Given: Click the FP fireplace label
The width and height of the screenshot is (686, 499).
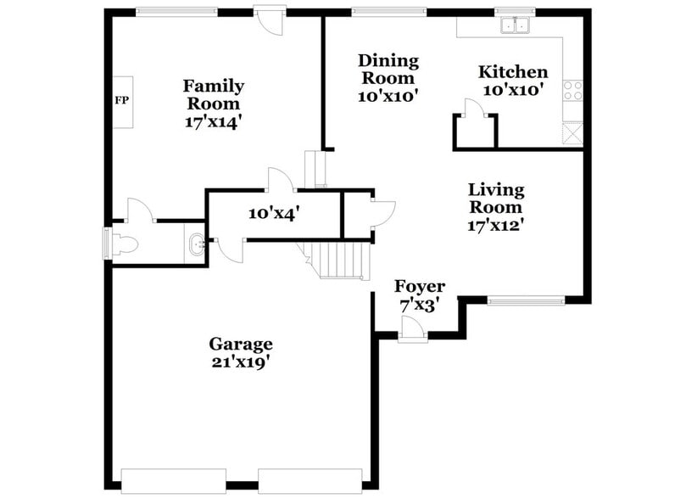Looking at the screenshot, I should pyautogui.click(x=120, y=99).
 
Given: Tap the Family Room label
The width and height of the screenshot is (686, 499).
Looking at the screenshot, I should pyautogui.click(x=214, y=94).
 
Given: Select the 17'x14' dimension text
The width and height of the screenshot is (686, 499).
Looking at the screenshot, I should pyautogui.click(x=214, y=121).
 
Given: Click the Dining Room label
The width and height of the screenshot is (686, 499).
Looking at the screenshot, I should pyautogui.click(x=388, y=69).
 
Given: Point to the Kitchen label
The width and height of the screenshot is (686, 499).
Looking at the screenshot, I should pyautogui.click(x=513, y=72).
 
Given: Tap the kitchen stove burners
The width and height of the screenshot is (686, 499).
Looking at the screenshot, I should pyautogui.click(x=573, y=90).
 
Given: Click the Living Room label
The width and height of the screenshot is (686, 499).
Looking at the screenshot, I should pyautogui.click(x=497, y=198).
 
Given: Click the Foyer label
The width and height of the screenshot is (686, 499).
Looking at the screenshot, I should pyautogui.click(x=420, y=287).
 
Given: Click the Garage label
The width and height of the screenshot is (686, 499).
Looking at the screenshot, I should pyautogui.click(x=241, y=344).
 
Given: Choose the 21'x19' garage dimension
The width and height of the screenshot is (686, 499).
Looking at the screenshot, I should pyautogui.click(x=241, y=361).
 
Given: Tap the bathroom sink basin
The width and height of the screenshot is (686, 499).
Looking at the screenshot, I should pyautogui.click(x=195, y=244).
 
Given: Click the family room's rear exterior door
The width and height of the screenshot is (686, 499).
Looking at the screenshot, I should pyautogui.click(x=270, y=20).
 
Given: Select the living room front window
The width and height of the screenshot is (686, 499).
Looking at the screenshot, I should pyautogui.click(x=526, y=299).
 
